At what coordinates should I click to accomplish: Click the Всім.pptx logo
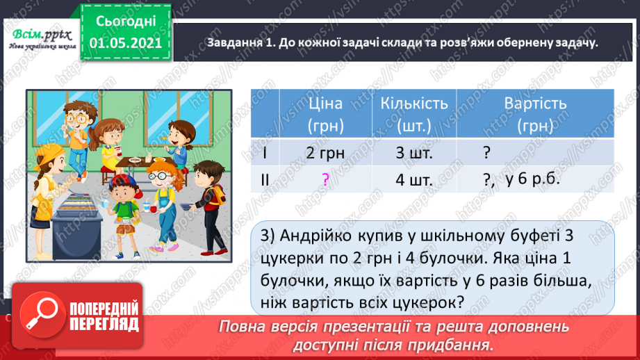[x=38, y=36]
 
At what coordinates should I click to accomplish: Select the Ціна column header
[x=325, y=114]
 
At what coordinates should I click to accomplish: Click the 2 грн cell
[x=325, y=152]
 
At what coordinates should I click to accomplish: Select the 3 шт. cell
[x=416, y=152]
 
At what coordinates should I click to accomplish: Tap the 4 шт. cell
[x=416, y=179]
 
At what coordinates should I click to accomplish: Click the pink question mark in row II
[x=325, y=179]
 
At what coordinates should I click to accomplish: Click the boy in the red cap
[x=125, y=202]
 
